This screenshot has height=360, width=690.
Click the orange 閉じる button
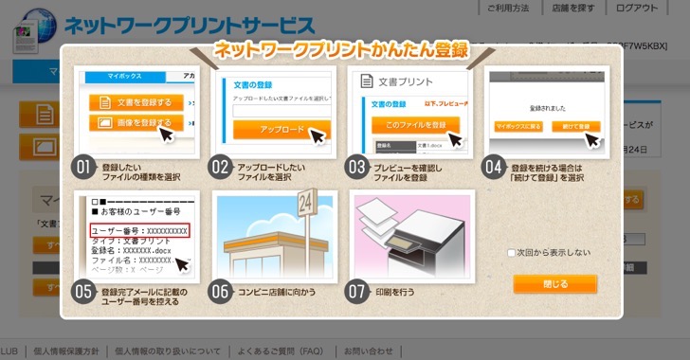[x=554, y=284]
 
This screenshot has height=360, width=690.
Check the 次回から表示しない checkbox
[x=511, y=253]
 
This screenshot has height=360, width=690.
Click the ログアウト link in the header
[x=636, y=9]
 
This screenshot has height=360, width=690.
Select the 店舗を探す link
[x=574, y=9]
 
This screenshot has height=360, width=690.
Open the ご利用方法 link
[x=509, y=9]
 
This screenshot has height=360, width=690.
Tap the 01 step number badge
[x=83, y=168]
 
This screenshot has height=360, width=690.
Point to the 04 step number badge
[x=493, y=168]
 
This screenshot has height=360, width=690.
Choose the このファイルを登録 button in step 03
[x=409, y=124]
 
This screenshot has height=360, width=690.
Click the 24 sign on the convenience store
[x=305, y=201]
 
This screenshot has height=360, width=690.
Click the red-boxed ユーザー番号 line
[x=139, y=230]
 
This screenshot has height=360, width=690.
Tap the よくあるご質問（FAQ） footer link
[x=282, y=351]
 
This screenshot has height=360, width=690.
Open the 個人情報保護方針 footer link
[x=65, y=351]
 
